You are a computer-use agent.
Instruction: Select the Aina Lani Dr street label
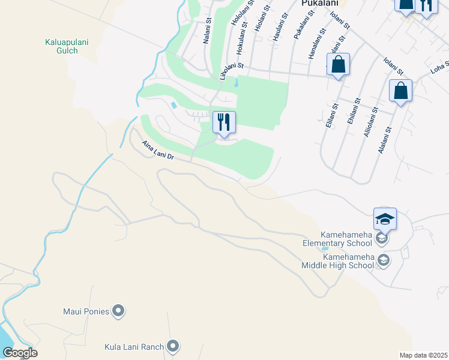158,150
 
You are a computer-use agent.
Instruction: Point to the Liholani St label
232,71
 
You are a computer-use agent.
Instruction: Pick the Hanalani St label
316,43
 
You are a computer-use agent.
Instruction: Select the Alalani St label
384,139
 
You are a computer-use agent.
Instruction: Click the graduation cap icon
385,218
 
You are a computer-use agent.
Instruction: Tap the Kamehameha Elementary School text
340,239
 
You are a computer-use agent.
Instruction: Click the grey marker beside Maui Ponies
119,311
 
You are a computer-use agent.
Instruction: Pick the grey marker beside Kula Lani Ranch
173,346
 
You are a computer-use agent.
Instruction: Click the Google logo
20,353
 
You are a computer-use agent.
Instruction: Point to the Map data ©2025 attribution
423,355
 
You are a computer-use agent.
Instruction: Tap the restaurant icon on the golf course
224,122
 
